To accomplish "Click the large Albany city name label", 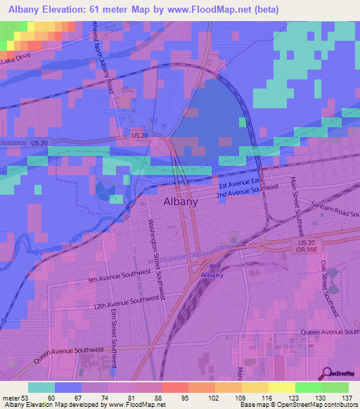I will [x=180, y=201].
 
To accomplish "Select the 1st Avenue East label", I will [x=239, y=182].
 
